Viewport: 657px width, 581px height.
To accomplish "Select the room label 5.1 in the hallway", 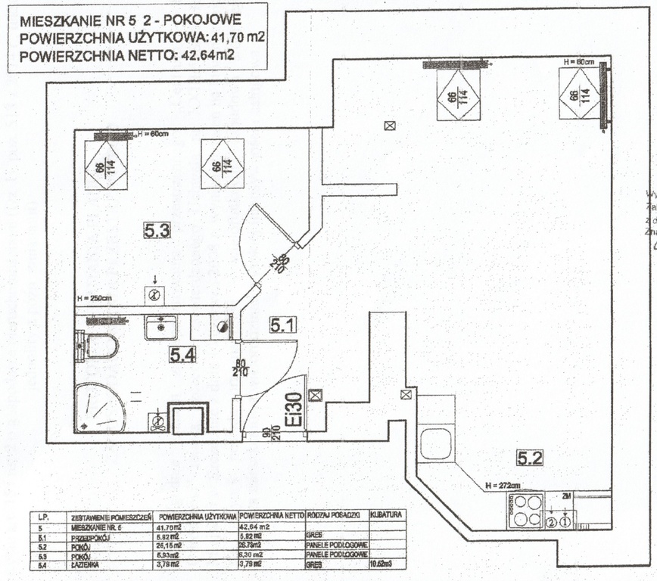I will (x=282, y=326).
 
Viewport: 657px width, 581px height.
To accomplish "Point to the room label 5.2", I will (x=531, y=456).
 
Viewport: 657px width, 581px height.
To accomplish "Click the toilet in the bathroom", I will (x=99, y=346).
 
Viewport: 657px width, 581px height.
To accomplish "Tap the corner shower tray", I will (x=98, y=409).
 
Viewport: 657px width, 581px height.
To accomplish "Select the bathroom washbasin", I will (x=160, y=328).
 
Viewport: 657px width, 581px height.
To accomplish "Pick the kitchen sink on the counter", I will (x=436, y=443).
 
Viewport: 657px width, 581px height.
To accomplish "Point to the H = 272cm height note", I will (x=503, y=485).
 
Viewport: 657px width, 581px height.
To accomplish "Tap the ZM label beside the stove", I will (x=567, y=497).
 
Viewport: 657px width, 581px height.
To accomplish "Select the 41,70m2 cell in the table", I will (x=172, y=527).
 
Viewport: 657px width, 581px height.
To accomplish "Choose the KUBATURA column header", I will (x=387, y=515).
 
